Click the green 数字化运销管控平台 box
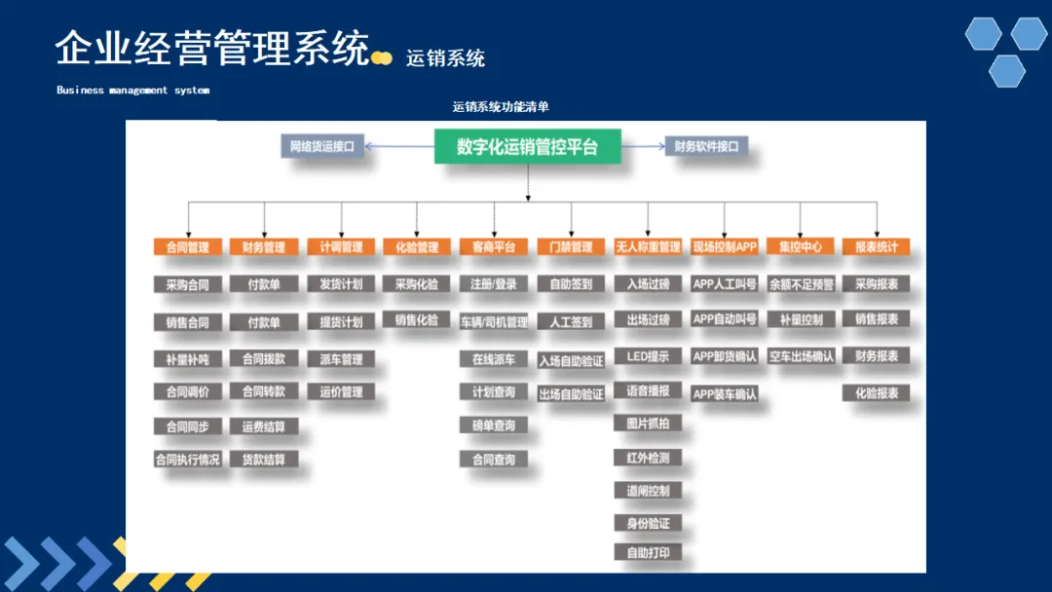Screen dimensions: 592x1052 click(527, 147)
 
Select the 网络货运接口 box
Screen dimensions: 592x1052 click(321, 147)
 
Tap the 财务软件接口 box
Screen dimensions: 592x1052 click(706, 147)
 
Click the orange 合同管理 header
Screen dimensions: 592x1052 click(188, 247)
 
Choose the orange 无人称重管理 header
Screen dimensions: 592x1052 click(648, 247)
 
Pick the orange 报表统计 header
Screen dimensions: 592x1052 click(876, 247)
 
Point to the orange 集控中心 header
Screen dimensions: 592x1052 click(801, 247)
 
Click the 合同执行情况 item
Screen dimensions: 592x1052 click(188, 460)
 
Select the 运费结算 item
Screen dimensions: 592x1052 click(264, 426)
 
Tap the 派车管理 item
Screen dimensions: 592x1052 click(341, 359)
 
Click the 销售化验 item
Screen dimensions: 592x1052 click(416, 319)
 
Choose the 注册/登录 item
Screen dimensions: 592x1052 click(494, 284)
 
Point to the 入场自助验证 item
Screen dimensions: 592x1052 click(571, 361)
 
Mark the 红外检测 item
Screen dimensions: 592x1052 click(648, 458)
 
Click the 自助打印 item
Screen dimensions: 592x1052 click(648, 552)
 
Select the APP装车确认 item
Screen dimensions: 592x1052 click(724, 394)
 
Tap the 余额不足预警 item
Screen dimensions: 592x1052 click(801, 284)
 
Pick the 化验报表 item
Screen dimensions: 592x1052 click(876, 393)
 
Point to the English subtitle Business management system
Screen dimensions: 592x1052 click(132, 91)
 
